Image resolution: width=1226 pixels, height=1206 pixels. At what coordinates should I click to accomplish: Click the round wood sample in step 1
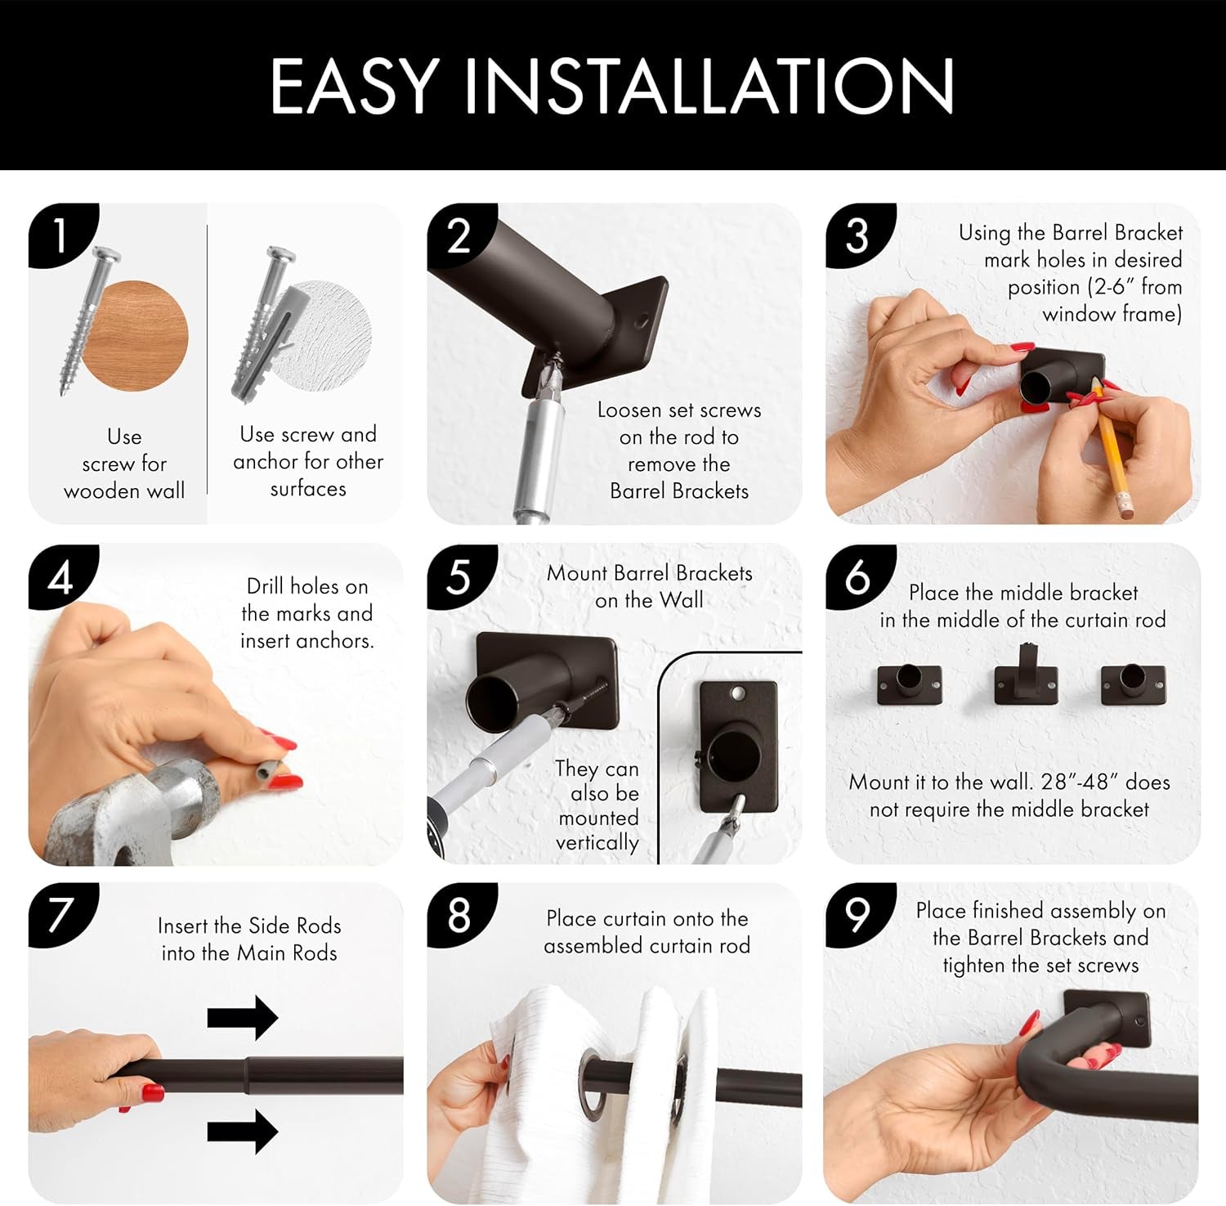(x=136, y=336)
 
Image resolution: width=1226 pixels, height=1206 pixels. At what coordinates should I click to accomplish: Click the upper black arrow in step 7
(x=243, y=1018)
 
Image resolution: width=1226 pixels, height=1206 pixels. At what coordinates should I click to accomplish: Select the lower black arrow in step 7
(x=243, y=1132)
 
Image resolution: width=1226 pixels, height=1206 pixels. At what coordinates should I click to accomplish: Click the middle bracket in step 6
(x=1026, y=675)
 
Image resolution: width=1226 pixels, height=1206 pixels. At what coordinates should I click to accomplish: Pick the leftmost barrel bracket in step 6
(x=909, y=684)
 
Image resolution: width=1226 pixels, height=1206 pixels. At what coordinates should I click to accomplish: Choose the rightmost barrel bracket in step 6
(x=1133, y=684)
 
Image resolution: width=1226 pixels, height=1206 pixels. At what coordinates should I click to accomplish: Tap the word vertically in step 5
(x=597, y=842)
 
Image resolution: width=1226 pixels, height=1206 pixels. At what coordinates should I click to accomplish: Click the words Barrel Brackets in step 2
(x=679, y=491)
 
